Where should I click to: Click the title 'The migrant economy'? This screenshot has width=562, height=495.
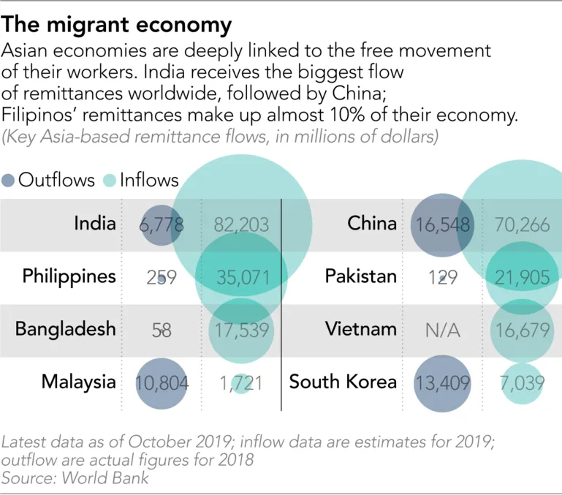(x=117, y=25)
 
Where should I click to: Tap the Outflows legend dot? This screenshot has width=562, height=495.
(x=10, y=180)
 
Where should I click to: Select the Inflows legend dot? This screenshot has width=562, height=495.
(x=109, y=180)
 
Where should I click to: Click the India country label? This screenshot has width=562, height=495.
(x=95, y=224)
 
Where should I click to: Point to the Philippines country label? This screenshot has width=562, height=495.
(x=69, y=276)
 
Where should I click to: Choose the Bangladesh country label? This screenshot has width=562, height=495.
(x=66, y=329)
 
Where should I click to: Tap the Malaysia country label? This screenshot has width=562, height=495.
(x=79, y=382)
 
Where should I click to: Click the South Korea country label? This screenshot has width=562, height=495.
(x=343, y=382)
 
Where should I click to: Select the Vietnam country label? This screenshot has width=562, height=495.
(x=361, y=329)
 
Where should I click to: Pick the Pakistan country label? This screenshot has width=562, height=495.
(x=361, y=276)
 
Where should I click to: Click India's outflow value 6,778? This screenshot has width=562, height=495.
(x=161, y=225)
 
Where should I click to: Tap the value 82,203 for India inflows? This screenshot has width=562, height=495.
(x=242, y=225)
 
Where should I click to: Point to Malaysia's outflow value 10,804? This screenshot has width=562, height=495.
(x=162, y=382)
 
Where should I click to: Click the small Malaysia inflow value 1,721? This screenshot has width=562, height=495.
(x=240, y=382)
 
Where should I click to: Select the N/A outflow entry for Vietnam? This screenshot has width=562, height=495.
(x=443, y=330)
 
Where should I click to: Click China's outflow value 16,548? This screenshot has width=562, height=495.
(x=443, y=225)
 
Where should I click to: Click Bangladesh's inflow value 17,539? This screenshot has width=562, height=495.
(x=242, y=330)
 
